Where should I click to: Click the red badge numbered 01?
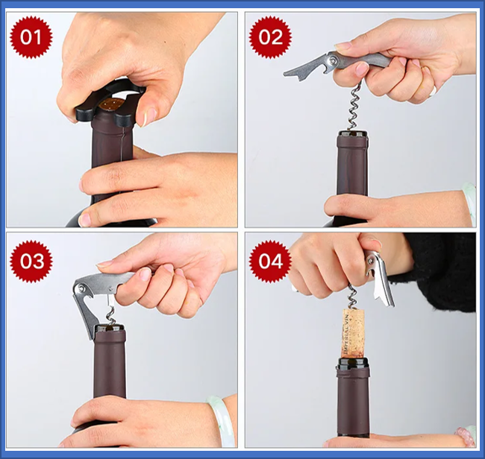point(31,37)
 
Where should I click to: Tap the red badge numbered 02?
point(270,37)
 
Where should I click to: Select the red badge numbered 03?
point(31,261)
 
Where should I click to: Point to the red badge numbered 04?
point(270,261)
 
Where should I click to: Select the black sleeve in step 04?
point(440,268)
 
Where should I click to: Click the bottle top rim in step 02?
point(352,135)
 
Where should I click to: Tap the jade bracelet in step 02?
point(469,201)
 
